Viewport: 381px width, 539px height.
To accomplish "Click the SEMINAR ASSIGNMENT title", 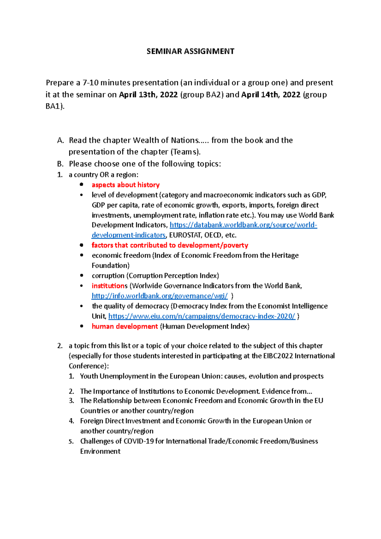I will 190,51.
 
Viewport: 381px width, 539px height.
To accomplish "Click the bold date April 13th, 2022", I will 148,95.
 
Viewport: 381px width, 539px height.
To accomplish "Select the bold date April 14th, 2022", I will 271,95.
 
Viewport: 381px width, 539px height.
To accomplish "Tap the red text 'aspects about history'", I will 125,185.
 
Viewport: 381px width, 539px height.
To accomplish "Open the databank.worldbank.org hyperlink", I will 243,225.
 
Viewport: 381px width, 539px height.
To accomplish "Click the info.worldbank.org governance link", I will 159,296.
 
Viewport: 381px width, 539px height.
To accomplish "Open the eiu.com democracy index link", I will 202,316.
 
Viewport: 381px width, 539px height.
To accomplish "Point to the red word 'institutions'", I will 110,286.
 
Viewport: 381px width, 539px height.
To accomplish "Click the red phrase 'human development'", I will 124,326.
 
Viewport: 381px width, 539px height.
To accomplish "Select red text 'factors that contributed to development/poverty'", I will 170,245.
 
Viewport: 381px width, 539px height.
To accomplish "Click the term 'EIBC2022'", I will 278,356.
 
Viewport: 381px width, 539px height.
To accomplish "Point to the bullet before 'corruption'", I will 82,276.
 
